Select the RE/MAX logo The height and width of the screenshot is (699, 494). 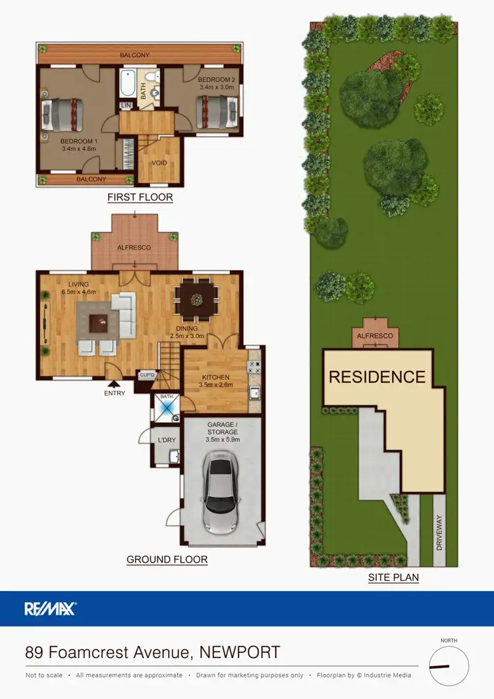click(x=51, y=609)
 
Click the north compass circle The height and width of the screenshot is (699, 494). click(x=449, y=667)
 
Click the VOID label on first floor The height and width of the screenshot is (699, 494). click(x=159, y=163)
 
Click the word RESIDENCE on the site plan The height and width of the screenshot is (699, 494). click(x=377, y=377)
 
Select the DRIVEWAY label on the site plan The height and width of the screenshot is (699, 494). click(x=439, y=532)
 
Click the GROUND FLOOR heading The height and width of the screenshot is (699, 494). click(x=167, y=560)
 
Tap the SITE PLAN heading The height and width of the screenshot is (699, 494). click(x=394, y=578)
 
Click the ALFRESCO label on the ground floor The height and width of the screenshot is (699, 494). click(x=134, y=247)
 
